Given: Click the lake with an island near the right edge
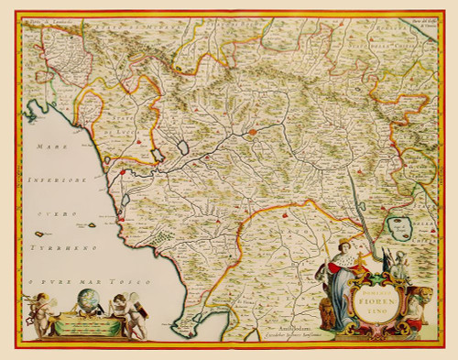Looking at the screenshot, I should (x=400, y=224).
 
